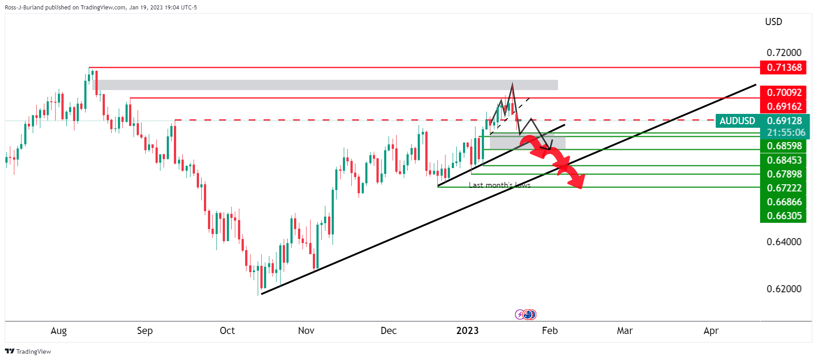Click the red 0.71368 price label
783,67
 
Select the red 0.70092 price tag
783,92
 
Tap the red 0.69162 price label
783,106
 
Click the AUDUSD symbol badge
737,121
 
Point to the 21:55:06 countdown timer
786,132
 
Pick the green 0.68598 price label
783,146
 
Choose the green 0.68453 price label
783,160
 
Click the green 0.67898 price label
783,174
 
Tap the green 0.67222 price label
783,188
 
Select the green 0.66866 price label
783,202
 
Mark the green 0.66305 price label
783,216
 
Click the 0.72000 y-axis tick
784,52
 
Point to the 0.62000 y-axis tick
784,289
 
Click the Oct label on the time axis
227,331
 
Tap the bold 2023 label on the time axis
467,331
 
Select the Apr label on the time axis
711,331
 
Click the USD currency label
774,22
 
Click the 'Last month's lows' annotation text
499,185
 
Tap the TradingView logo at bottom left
28,351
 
